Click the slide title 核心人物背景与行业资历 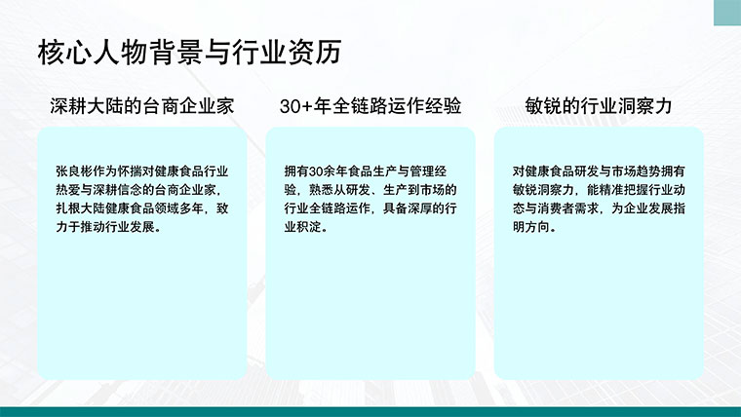189,52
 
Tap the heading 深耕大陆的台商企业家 142,106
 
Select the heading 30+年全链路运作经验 370,106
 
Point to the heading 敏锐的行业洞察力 599,106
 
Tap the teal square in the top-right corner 727,13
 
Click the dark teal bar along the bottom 370,412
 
